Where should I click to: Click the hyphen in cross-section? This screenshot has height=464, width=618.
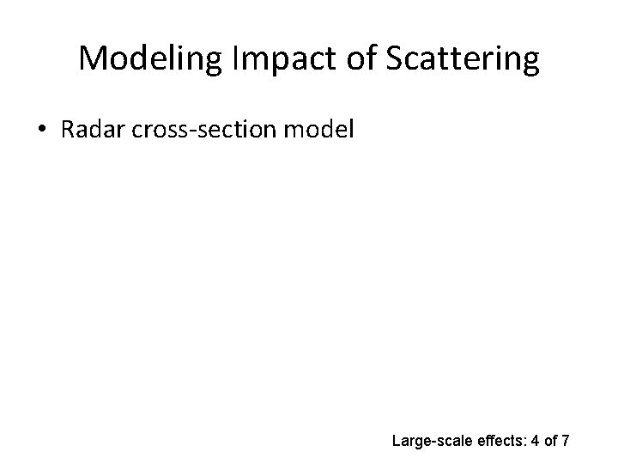pyautogui.click(x=195, y=131)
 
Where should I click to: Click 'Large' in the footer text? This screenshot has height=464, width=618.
pyautogui.click(x=410, y=442)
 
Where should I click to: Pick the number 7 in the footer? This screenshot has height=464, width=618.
pyautogui.click(x=566, y=442)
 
